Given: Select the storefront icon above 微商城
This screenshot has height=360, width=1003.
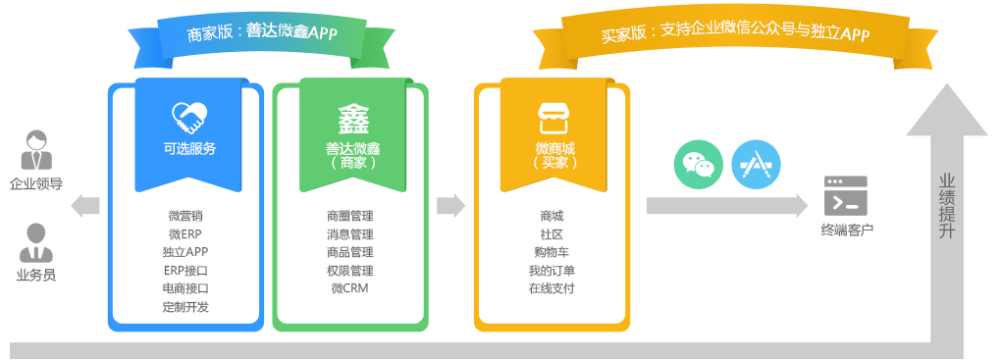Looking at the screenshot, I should (x=553, y=119).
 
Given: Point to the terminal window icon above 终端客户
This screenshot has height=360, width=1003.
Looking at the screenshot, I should (x=845, y=194).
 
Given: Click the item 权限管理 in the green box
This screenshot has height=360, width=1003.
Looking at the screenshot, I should (x=350, y=270).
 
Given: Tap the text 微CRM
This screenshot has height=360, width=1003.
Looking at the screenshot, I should (x=350, y=288).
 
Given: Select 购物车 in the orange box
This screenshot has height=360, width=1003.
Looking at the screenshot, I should (x=552, y=252).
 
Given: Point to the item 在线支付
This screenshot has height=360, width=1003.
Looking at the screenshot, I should (x=552, y=288).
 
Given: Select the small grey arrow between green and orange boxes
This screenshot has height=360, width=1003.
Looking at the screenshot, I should (x=450, y=205).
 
